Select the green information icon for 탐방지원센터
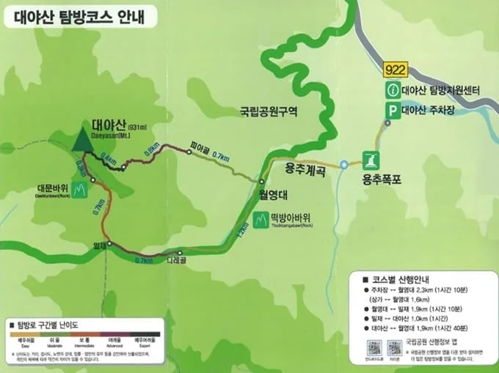point(394,91)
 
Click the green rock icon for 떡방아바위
point(261,221)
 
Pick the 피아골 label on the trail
point(200,144)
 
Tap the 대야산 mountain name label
point(111,124)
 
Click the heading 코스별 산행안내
point(402,280)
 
